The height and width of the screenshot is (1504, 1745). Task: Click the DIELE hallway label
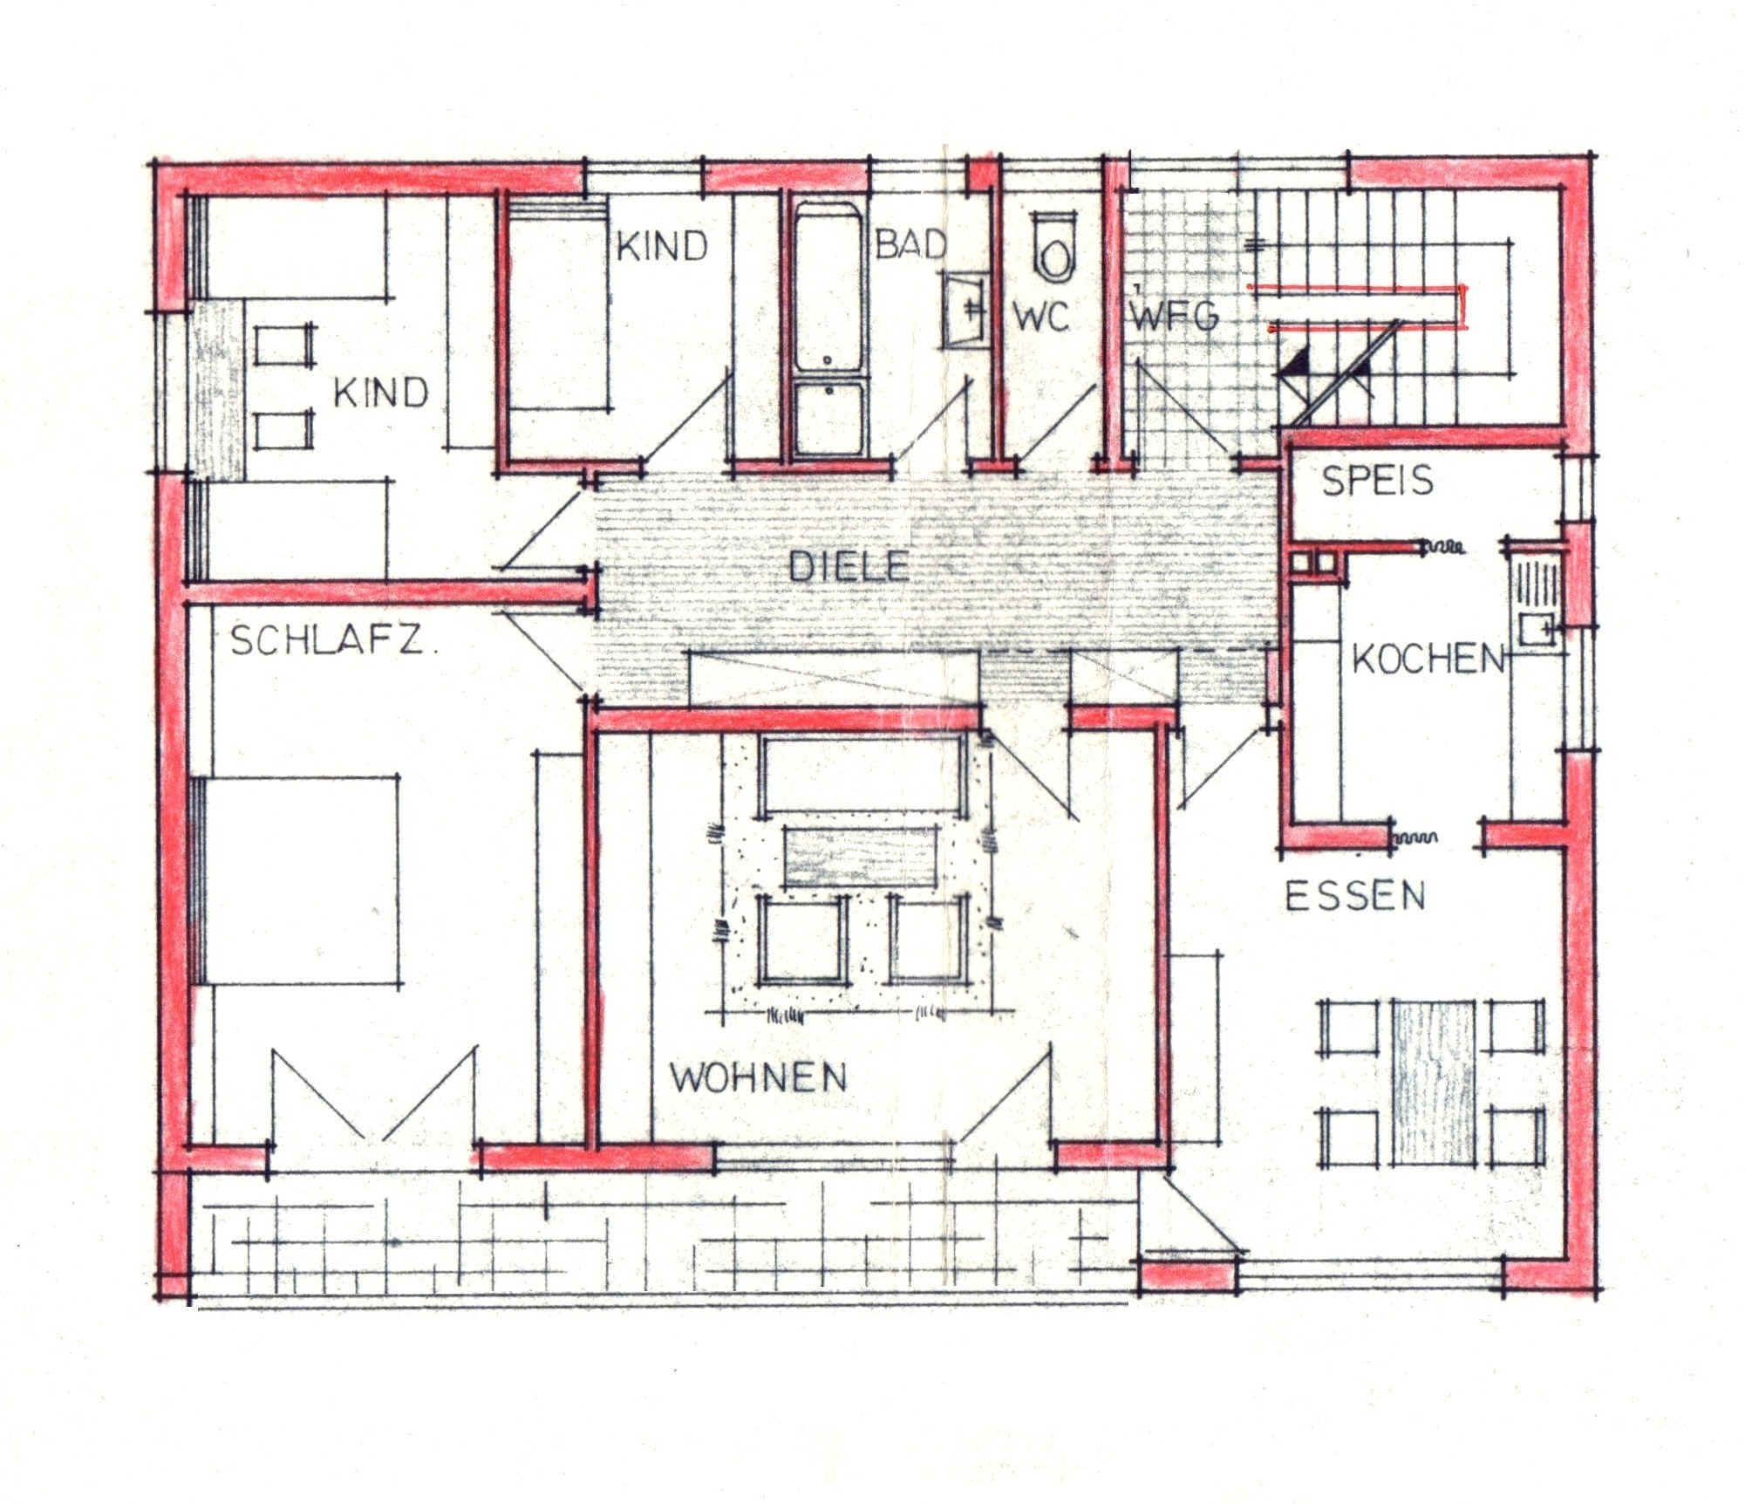pos(849,567)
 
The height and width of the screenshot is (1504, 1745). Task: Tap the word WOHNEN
pos(758,1078)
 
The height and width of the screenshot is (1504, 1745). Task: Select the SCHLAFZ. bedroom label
pos(333,642)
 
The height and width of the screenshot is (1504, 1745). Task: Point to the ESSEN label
pos(1355,896)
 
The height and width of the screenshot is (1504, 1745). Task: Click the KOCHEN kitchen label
pos(1428,659)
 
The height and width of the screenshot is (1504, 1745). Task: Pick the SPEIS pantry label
pos(1377,481)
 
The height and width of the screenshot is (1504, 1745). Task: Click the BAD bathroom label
pos(910,244)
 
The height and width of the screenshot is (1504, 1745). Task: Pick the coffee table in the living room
pos(861,858)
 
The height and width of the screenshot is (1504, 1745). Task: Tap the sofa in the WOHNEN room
pos(864,775)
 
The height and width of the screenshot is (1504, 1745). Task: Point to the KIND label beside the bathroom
pos(662,247)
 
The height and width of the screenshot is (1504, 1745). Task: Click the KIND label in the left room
pos(381,393)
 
